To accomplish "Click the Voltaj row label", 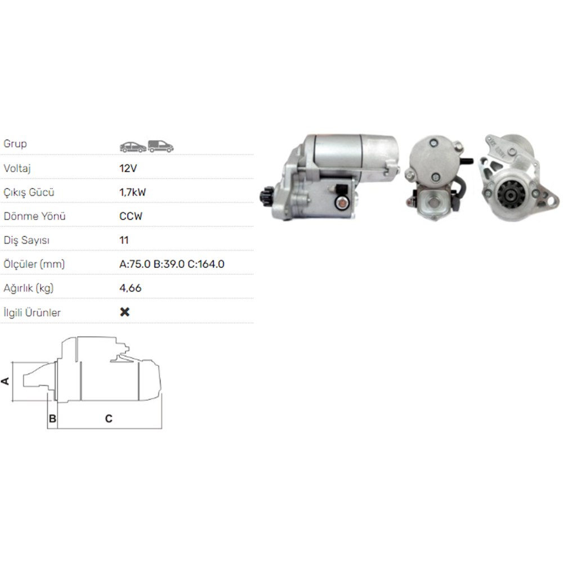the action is [x=17, y=168].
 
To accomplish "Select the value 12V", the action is [x=128, y=168].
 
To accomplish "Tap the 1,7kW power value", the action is [x=132, y=192].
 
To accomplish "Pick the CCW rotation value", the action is [x=131, y=216].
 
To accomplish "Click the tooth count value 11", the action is [x=123, y=240].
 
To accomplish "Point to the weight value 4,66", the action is [x=131, y=288].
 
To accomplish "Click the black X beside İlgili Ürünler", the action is [x=124, y=312].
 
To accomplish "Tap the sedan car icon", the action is [x=133, y=147].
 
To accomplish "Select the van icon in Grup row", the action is [x=160, y=146].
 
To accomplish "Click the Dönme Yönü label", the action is [x=34, y=216].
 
